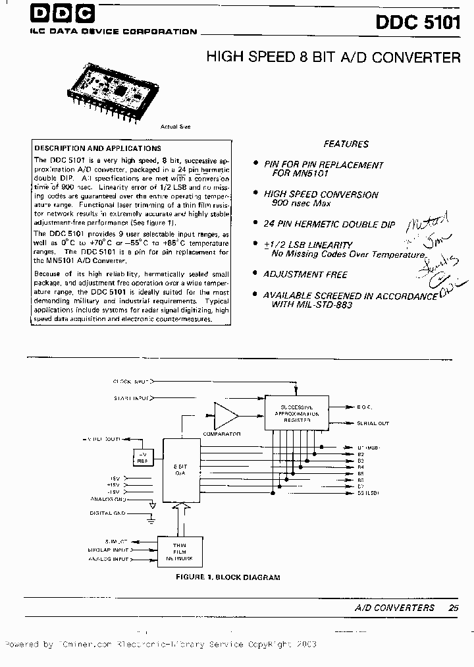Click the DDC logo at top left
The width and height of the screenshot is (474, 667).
click(62, 14)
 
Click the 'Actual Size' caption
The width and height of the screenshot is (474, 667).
click(175, 127)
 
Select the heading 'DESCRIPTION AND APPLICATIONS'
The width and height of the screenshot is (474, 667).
click(97, 148)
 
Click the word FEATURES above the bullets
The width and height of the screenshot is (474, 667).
click(346, 144)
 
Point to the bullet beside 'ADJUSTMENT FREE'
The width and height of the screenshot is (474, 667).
click(255, 274)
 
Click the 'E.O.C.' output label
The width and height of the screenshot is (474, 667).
click(365, 407)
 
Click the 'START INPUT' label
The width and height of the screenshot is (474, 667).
click(131, 398)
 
